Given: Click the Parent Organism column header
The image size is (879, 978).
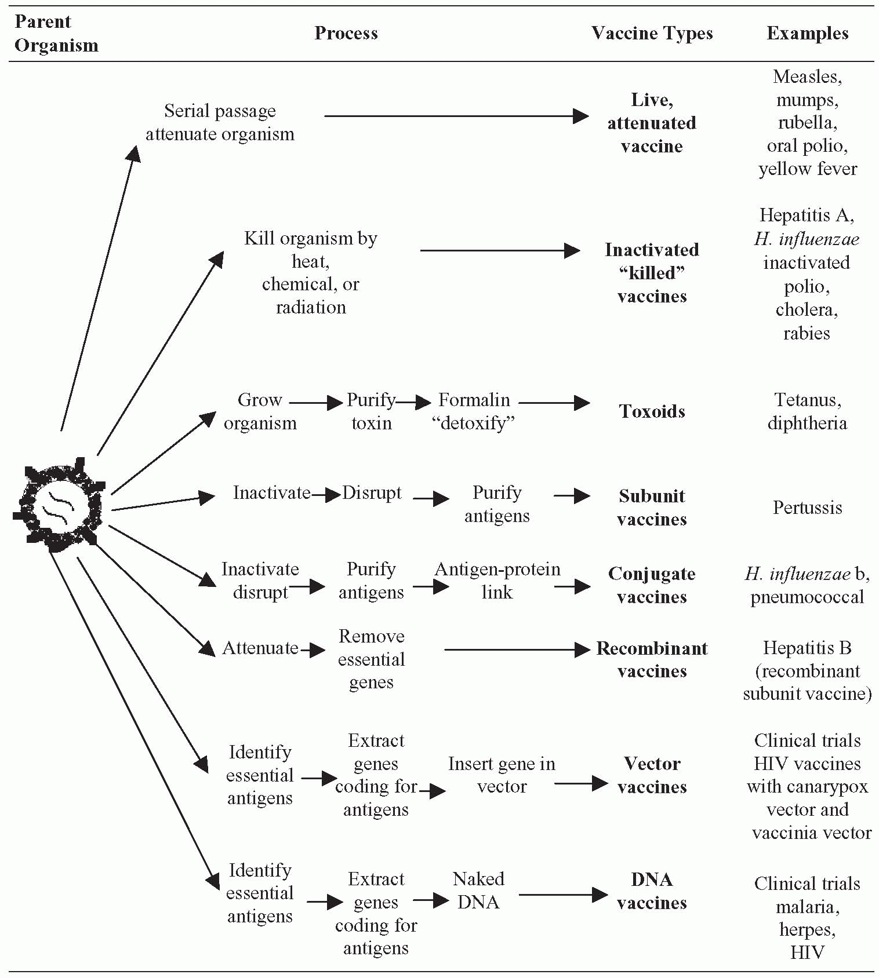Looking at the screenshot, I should coord(56,34).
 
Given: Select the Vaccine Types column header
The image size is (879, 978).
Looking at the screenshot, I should coord(652,34).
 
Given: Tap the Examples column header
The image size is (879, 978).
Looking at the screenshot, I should coord(807,34).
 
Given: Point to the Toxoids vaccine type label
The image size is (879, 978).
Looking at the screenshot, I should coord(652,411).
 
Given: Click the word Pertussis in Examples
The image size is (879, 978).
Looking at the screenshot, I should coord(807,508).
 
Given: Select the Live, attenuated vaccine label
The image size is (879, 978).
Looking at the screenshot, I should coord(652,123).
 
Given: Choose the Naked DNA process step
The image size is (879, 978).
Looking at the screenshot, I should coord(478,891).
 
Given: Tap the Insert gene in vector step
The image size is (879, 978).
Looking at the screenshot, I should coord(502,775).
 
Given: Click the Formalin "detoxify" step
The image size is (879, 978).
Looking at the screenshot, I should coord(474,411).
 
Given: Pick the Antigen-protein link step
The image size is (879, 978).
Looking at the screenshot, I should coord(497,581).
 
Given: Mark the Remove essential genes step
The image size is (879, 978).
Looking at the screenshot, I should coord(371,659).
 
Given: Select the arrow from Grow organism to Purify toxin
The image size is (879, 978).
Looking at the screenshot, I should coord(316,402).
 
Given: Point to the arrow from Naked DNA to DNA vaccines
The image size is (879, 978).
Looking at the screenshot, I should coord(562,895).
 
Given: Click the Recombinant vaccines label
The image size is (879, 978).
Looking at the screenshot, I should coord(652,659).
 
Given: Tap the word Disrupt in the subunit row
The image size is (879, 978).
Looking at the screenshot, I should coord(372,493).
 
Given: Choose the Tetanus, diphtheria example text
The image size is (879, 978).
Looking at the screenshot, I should coord(807,411).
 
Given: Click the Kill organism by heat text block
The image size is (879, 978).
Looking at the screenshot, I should coord(311,272).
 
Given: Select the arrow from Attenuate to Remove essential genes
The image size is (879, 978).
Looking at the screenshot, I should coord(313,649).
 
